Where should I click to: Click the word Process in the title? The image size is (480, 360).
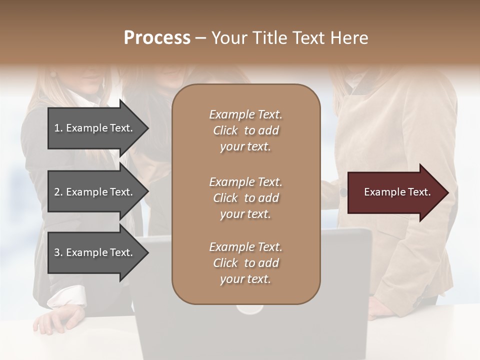[x=157, y=38]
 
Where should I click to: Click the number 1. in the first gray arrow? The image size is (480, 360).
[x=58, y=128]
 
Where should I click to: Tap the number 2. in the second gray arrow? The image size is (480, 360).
[x=58, y=192]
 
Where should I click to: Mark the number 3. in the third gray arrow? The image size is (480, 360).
[x=58, y=252]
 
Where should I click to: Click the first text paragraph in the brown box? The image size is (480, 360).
[x=245, y=130]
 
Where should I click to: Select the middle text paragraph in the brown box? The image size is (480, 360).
[x=245, y=198]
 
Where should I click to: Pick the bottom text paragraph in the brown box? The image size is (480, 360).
[x=245, y=263]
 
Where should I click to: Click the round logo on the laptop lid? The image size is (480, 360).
[x=249, y=309]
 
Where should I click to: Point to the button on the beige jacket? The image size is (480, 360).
[x=343, y=192]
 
